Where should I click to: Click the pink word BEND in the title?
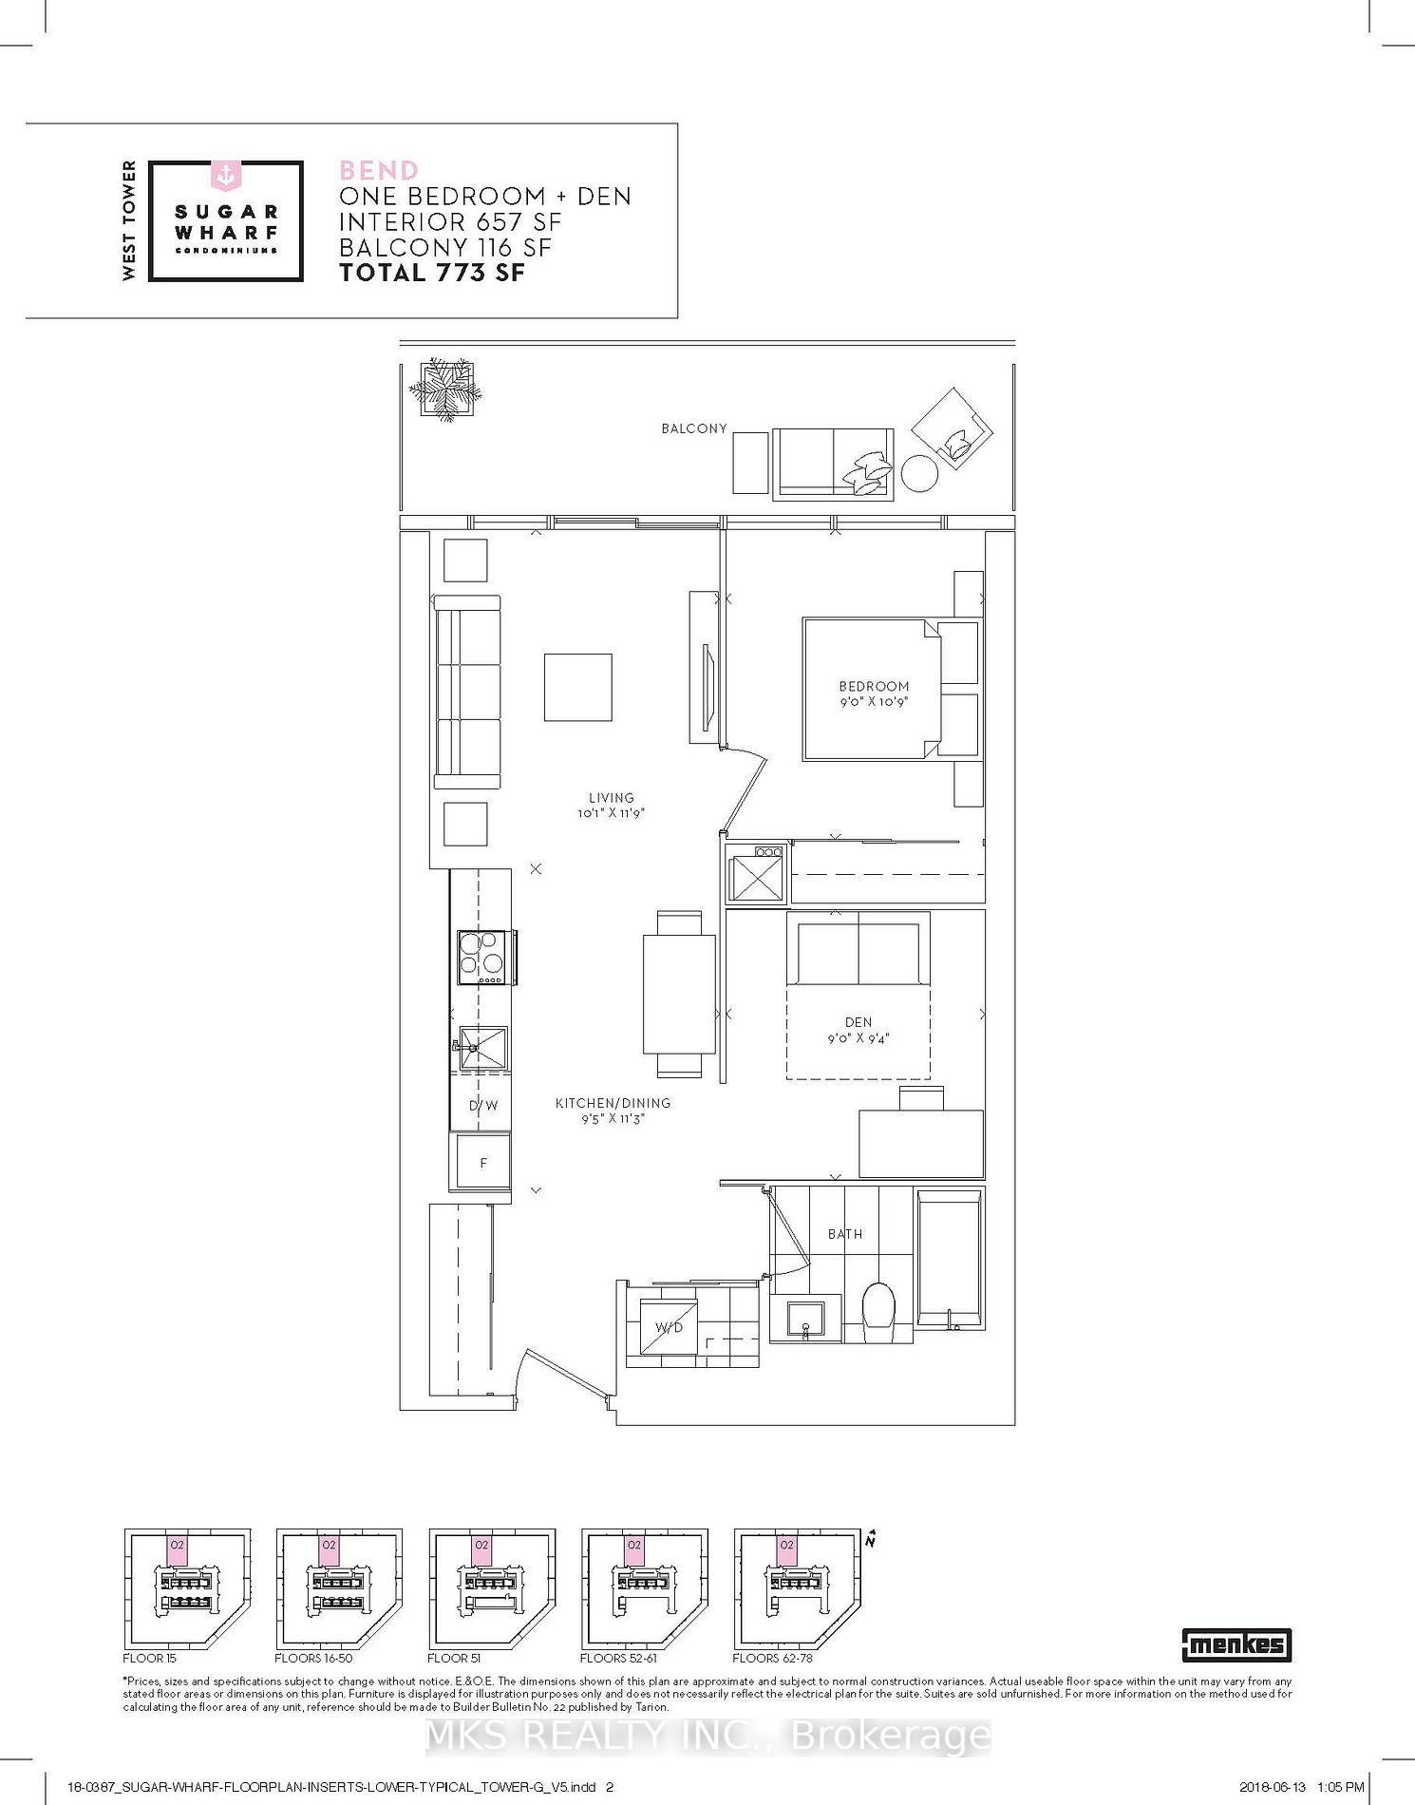pyautogui.click(x=379, y=171)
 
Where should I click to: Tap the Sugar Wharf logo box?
pyautogui.click(x=226, y=221)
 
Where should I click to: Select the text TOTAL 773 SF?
pyautogui.click(x=432, y=273)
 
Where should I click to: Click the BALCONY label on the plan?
pyautogui.click(x=694, y=428)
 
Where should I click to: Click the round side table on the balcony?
pyautogui.click(x=919, y=473)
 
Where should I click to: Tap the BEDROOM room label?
pyautogui.click(x=874, y=686)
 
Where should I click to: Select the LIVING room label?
pyautogui.click(x=611, y=798)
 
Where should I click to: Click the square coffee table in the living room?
pyautogui.click(x=577, y=687)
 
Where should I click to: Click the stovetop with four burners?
pyautogui.click(x=481, y=957)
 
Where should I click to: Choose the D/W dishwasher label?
pyautogui.click(x=483, y=1105)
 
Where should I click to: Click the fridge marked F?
pyautogui.click(x=483, y=1162)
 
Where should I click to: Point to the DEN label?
pyautogui.click(x=858, y=1022)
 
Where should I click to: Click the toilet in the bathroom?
pyautogui.click(x=878, y=1306)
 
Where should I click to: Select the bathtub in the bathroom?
pyautogui.click(x=950, y=1258)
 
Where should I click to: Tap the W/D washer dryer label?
pyautogui.click(x=669, y=1327)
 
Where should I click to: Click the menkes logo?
pyautogui.click(x=1236, y=1644)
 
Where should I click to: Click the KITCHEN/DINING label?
pyautogui.click(x=613, y=1103)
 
